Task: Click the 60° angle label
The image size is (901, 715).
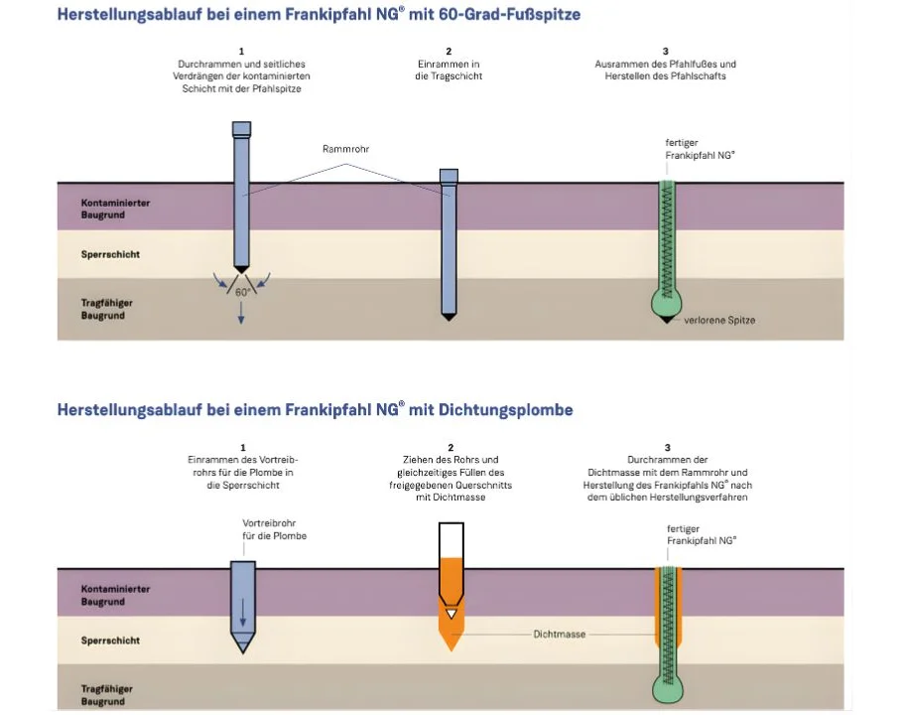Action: click(x=241, y=293)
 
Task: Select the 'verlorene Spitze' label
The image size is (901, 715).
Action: click(x=719, y=320)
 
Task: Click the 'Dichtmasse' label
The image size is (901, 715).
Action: click(x=558, y=633)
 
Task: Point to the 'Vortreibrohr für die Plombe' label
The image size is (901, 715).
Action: click(x=275, y=529)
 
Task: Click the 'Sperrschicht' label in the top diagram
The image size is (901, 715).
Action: click(x=110, y=254)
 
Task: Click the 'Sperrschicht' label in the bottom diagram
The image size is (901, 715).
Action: click(x=110, y=641)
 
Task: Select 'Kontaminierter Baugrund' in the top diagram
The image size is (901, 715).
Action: click(x=115, y=209)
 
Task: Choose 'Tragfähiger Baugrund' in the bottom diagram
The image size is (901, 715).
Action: click(x=107, y=695)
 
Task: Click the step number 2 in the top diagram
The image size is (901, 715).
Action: click(x=449, y=51)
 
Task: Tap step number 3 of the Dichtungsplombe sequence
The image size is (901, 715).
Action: click(x=668, y=448)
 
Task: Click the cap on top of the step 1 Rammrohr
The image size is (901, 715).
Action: click(x=241, y=128)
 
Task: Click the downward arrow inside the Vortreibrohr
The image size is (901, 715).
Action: click(x=241, y=618)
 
